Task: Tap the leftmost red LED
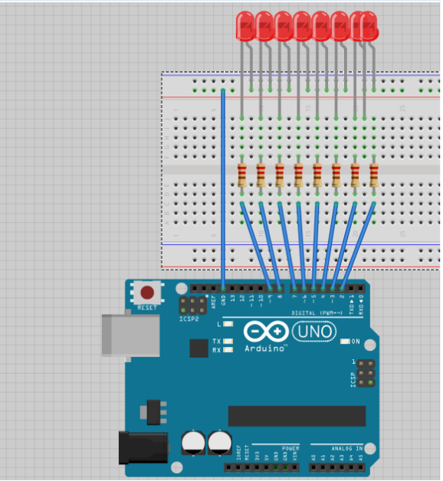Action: point(245,26)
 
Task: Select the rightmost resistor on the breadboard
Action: point(373,175)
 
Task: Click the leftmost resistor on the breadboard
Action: point(242,175)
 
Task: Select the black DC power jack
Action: point(143,447)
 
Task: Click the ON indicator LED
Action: point(345,342)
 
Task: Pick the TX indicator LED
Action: point(228,341)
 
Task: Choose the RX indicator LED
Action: point(228,350)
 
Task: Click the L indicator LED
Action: point(228,325)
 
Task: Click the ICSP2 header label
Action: point(188,319)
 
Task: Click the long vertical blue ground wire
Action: point(223,191)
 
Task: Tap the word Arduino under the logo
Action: point(266,348)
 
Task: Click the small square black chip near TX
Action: point(199,348)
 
